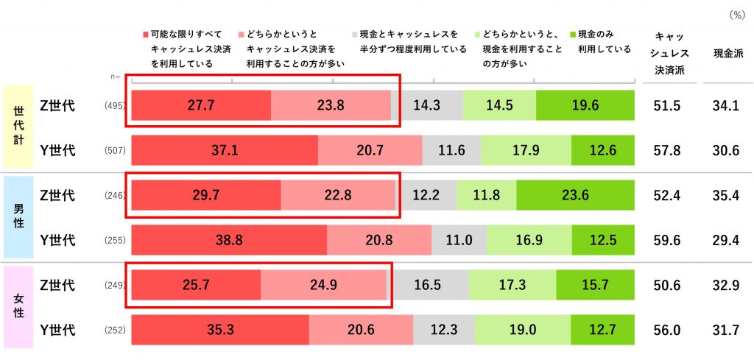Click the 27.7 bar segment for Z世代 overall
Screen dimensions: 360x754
point(200,105)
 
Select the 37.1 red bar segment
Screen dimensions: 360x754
point(224,151)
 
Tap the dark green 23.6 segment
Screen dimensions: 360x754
point(575,196)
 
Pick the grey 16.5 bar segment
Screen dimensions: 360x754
point(428,286)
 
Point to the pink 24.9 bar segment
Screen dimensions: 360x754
point(324,286)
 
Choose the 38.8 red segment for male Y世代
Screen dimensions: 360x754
point(228,241)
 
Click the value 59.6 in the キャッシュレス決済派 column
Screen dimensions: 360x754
point(666,241)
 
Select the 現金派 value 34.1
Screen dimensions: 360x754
point(725,105)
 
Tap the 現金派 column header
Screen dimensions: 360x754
point(725,54)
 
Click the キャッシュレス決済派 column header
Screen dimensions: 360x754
point(670,54)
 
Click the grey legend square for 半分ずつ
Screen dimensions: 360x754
point(354,35)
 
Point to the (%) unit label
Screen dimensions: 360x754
point(736,14)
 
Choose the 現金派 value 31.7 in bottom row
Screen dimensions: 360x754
point(725,331)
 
